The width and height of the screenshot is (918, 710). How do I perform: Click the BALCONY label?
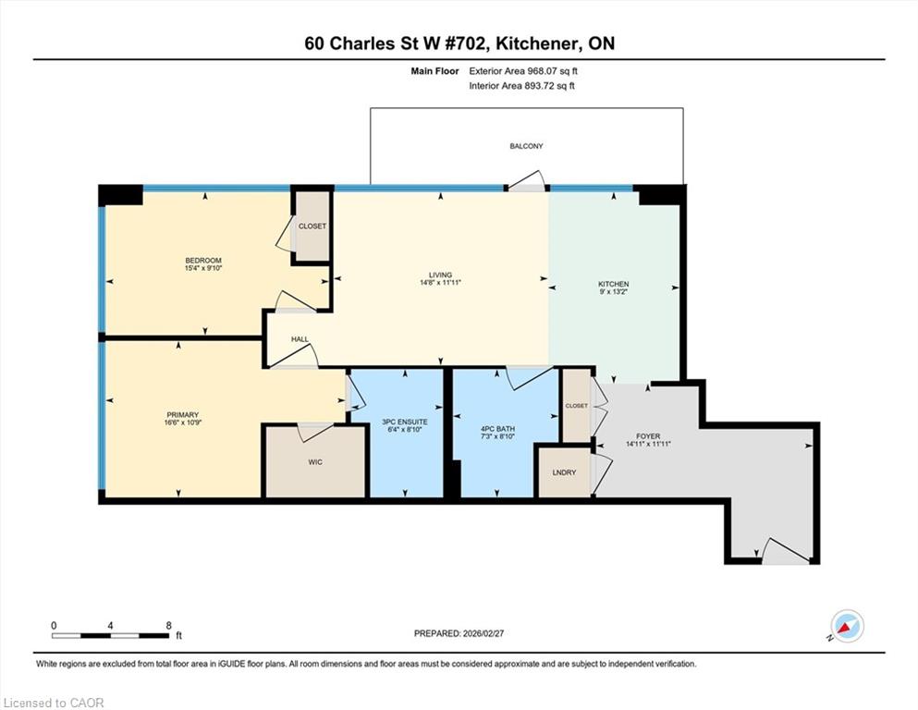click(x=526, y=146)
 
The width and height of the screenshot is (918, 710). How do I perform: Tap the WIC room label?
click(x=315, y=462)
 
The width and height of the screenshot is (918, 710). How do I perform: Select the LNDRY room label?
click(x=564, y=472)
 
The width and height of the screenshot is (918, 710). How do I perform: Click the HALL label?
click(x=300, y=339)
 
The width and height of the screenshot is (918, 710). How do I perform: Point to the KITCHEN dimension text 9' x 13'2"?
click(x=614, y=291)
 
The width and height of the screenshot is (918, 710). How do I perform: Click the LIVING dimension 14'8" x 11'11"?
click(x=440, y=282)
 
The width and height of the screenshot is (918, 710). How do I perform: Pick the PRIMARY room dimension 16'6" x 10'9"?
click(x=183, y=422)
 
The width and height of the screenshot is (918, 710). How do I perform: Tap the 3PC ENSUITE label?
click(x=405, y=422)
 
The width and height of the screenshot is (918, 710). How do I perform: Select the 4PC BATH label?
click(x=497, y=429)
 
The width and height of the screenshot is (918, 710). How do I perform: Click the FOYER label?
click(x=648, y=436)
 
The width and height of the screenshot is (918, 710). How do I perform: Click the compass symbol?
click(x=847, y=626)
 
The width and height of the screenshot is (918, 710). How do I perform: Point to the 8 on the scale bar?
click(x=168, y=625)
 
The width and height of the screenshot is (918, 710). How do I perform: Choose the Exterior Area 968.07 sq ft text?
click(x=523, y=71)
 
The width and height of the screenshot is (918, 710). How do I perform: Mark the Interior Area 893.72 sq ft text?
click(x=521, y=85)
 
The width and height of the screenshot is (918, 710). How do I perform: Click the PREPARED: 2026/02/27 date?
click(x=459, y=633)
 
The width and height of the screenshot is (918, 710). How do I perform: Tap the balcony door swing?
click(x=527, y=180)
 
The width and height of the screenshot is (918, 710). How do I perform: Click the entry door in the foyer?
click(x=786, y=551)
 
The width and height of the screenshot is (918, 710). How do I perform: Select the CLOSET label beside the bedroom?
click(x=312, y=226)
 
